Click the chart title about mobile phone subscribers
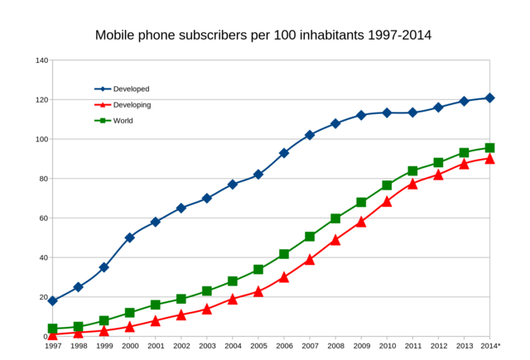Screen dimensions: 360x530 tap(263, 36)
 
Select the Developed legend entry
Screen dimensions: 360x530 tap(131, 89)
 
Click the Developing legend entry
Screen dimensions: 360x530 tap(132, 105)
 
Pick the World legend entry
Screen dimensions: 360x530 tap(123, 121)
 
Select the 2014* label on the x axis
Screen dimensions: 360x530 tap(490, 346)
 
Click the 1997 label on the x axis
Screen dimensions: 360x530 tap(53, 346)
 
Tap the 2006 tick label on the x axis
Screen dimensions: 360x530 tap(284, 346)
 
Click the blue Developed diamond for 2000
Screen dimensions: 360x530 tap(130, 238)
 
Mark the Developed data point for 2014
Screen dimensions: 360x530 tap(489, 98)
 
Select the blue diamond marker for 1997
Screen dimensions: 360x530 tap(53, 301)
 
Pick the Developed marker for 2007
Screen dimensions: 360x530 tap(310, 135)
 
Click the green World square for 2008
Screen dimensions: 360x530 tap(335, 218)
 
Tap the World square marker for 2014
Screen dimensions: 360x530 tap(489, 148)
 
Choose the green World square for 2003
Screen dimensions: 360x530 tap(207, 291)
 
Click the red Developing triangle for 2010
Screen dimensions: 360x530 tap(387, 201)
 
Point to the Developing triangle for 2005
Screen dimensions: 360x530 tap(258, 291)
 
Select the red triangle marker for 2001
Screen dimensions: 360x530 tap(156, 320)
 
